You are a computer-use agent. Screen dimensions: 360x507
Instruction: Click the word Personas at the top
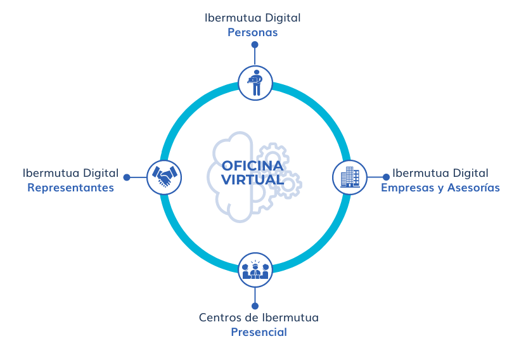[253, 32]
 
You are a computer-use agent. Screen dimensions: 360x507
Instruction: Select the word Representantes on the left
[70, 188]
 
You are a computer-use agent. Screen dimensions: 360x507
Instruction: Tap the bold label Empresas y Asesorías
[440, 188]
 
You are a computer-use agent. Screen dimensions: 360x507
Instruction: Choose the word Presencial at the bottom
[259, 332]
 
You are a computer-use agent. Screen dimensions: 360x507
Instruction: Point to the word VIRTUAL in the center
[252, 180]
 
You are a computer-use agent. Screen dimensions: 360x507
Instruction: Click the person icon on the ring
[255, 82]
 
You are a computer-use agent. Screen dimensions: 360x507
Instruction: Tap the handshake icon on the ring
[164, 177]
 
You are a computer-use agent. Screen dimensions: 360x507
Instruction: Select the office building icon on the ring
[350, 177]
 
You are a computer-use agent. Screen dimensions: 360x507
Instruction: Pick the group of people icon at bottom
[255, 269]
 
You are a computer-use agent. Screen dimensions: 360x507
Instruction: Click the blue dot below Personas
[255, 45]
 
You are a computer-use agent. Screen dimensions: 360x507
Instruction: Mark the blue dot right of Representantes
[127, 177]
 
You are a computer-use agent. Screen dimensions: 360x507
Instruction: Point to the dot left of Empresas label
[386, 177]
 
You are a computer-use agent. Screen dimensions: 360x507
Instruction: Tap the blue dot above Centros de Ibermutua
[255, 305]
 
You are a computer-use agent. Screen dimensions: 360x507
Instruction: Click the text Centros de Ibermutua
[259, 317]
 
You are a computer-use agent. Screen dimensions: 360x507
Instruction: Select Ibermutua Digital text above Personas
[253, 18]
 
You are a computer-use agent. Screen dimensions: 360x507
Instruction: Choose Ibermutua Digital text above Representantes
[70, 172]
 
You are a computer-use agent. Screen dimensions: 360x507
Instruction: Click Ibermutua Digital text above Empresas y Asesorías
[440, 172]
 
